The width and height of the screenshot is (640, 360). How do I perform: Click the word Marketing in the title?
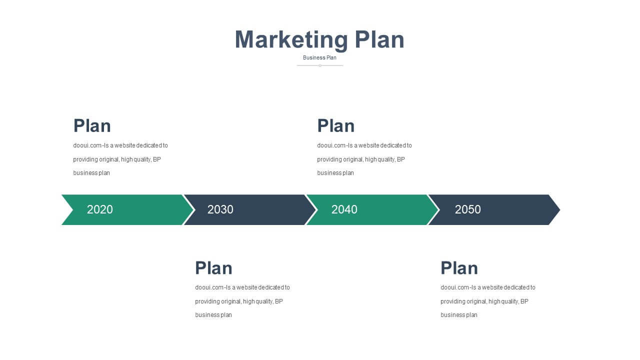point(291,40)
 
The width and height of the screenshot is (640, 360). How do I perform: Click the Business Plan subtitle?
point(319,57)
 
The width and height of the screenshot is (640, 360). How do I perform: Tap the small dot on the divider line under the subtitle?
point(320,65)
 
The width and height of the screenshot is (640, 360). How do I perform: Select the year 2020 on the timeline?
point(99,209)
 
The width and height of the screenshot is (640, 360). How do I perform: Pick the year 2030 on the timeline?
point(220,209)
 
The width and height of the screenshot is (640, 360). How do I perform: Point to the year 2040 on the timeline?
point(344,209)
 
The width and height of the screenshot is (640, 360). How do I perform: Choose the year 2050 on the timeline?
point(467,209)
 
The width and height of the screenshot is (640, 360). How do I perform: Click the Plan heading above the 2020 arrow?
point(92,125)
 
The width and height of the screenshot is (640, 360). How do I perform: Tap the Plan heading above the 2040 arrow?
point(336,125)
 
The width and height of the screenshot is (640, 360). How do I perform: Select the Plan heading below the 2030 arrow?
point(213,268)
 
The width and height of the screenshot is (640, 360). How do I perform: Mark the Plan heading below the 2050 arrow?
point(459,268)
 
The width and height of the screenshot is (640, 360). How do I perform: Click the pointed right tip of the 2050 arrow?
point(559,209)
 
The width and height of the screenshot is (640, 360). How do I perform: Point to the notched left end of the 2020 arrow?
point(72,209)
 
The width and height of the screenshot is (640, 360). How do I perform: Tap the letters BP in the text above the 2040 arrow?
point(401,159)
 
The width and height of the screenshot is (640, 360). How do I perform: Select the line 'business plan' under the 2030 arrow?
point(213,315)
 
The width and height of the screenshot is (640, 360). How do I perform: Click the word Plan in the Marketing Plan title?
point(379,40)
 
